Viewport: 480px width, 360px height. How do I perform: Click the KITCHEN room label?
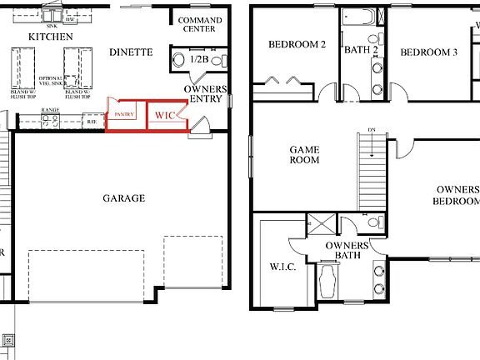click(50, 37)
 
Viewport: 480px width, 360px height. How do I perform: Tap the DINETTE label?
click(131, 52)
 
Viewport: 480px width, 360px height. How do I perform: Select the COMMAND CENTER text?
click(200, 24)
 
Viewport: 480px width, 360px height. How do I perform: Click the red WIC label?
click(165, 117)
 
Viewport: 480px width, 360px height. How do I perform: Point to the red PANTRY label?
click(125, 113)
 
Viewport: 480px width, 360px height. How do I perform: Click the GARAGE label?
click(123, 198)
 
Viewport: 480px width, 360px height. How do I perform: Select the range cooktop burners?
click(48, 122)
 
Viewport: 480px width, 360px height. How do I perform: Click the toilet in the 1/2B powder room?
click(178, 60)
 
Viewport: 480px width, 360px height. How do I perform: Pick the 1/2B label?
click(199, 60)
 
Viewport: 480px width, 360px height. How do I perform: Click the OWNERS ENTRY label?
click(204, 93)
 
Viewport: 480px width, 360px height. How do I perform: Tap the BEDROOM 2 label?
click(296, 45)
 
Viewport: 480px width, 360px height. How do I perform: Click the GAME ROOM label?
click(304, 155)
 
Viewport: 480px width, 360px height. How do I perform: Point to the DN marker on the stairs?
click(371, 130)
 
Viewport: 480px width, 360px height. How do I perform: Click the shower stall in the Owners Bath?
click(319, 225)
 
